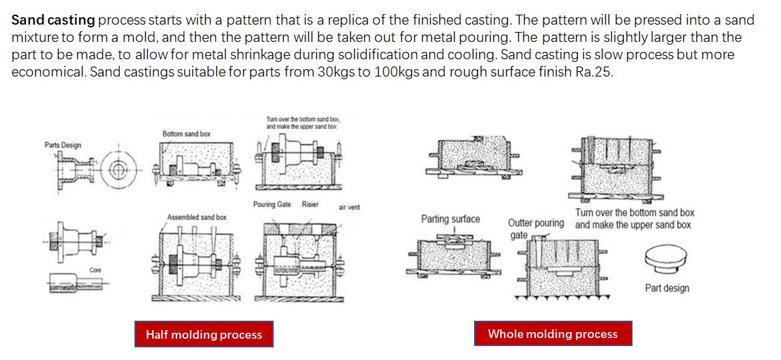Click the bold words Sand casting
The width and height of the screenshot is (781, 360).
pyautogui.click(x=53, y=20)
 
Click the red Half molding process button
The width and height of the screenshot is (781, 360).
pyautogui.click(x=204, y=335)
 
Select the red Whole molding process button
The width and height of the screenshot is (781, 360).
pyautogui.click(x=553, y=334)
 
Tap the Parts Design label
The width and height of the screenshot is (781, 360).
pyautogui.click(x=63, y=145)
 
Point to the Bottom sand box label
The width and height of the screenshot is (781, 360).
pyautogui.click(x=186, y=134)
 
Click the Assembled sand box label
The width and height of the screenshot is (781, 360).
pyautogui.click(x=196, y=217)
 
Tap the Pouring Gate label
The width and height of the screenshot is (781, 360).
pyautogui.click(x=272, y=204)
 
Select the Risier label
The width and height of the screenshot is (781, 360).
pyautogui.click(x=310, y=204)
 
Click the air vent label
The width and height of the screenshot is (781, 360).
pyautogui.click(x=349, y=207)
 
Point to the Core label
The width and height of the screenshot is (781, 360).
pyautogui.click(x=96, y=270)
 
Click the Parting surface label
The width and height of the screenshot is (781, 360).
pyautogui.click(x=450, y=219)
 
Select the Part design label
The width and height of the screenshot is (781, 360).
pyautogui.click(x=666, y=288)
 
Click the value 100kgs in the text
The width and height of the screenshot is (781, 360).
pyautogui.click(x=397, y=72)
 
